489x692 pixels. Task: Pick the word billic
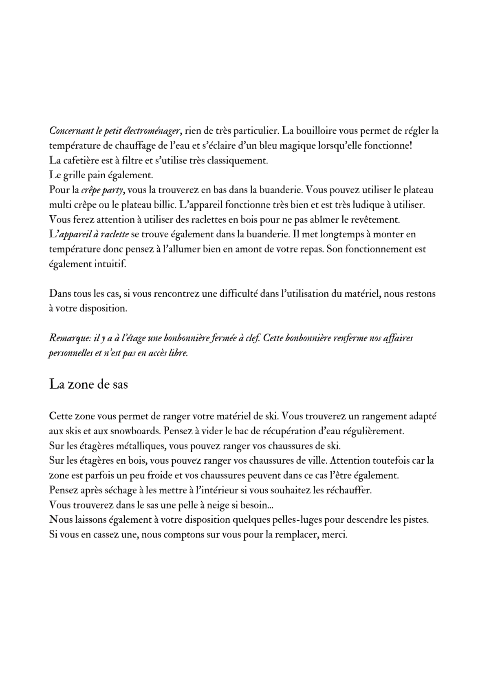(x=163, y=205)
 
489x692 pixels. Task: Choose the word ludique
(x=362, y=205)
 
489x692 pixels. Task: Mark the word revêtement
(x=375, y=219)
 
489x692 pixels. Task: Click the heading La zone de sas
(x=88, y=384)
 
